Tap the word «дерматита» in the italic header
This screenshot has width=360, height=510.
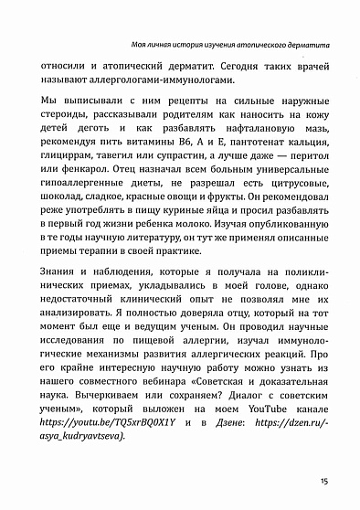tap(305, 44)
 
